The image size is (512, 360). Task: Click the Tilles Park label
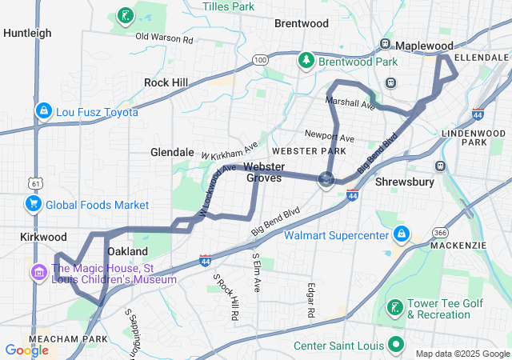(x=228, y=6)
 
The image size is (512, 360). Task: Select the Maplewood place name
(x=424, y=46)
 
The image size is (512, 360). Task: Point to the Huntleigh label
(x=27, y=33)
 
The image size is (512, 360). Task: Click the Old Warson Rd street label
(x=164, y=38)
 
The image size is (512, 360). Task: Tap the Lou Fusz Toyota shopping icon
(x=44, y=112)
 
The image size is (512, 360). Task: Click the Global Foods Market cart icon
(x=34, y=205)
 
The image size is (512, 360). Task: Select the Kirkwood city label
(x=43, y=238)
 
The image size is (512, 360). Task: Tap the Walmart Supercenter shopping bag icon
(x=401, y=235)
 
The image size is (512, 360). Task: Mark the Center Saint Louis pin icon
(x=395, y=346)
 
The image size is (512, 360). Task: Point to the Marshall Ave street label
(x=350, y=104)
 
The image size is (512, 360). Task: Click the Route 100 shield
(x=260, y=59)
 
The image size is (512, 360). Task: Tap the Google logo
(x=26, y=350)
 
